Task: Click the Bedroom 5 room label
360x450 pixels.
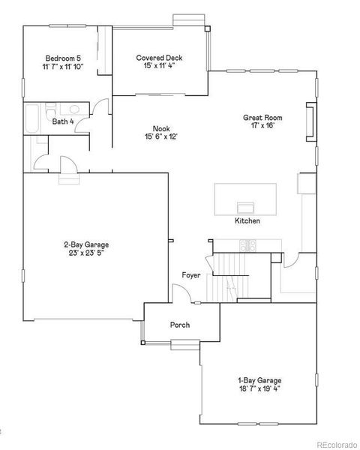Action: [x=64, y=58]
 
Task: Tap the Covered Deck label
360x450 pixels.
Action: [x=159, y=58]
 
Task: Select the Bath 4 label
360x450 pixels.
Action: [x=63, y=121]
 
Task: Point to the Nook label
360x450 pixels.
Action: [x=161, y=128]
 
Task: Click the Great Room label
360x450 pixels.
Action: [x=262, y=117]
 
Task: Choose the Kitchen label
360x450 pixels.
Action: [x=247, y=221]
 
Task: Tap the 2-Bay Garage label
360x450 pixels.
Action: [x=85, y=244]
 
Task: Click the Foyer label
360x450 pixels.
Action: [x=190, y=276]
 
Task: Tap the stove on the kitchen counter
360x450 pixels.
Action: [x=247, y=244]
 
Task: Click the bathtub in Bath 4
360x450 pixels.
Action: [x=32, y=120]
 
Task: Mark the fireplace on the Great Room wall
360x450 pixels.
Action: [x=309, y=121]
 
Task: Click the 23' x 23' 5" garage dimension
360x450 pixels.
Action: [x=85, y=253]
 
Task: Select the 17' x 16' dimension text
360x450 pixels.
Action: [x=262, y=126]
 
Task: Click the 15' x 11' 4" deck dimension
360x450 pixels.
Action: [x=159, y=67]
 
